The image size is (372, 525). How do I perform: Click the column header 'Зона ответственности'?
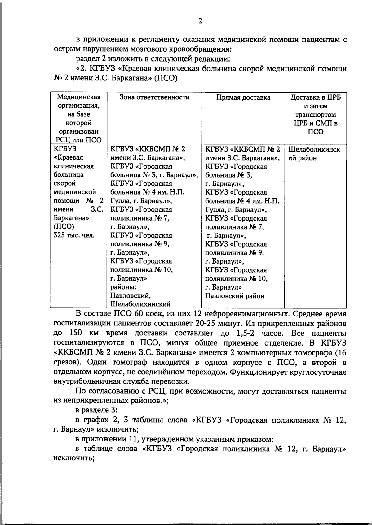(155, 97)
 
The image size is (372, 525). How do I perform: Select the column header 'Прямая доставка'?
(243, 97)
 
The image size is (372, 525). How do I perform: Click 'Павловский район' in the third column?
(235, 296)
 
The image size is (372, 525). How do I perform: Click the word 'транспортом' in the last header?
(316, 115)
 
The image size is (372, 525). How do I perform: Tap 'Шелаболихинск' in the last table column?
(314, 149)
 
